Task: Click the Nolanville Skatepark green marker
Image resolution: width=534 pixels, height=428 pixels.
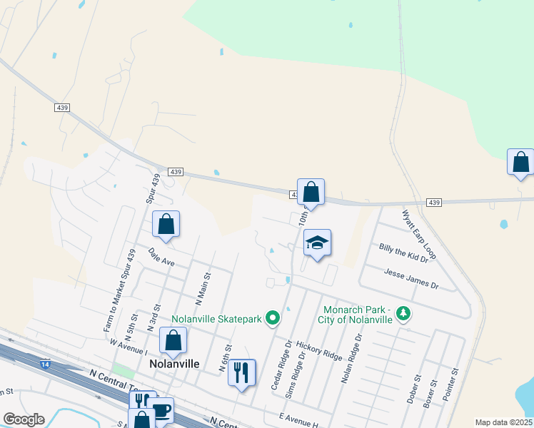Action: point(272,318)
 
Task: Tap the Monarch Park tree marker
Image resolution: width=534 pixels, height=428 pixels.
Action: point(403,314)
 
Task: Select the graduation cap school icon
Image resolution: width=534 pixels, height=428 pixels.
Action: point(317,243)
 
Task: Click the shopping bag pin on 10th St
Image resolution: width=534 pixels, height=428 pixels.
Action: point(311,192)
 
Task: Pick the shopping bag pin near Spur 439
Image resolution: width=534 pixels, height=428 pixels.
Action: point(166,225)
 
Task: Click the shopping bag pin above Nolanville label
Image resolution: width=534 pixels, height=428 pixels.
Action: point(173,340)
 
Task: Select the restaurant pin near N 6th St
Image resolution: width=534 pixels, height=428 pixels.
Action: point(242,372)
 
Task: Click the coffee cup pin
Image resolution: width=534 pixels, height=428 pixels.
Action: point(161,410)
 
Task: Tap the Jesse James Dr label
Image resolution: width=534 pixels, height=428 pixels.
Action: point(410,279)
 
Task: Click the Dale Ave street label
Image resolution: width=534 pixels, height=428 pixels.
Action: point(162,257)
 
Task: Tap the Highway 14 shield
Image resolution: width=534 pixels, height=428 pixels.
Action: point(46,365)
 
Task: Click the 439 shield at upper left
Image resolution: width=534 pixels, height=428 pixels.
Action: point(62,107)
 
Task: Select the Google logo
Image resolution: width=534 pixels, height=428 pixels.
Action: point(24,419)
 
